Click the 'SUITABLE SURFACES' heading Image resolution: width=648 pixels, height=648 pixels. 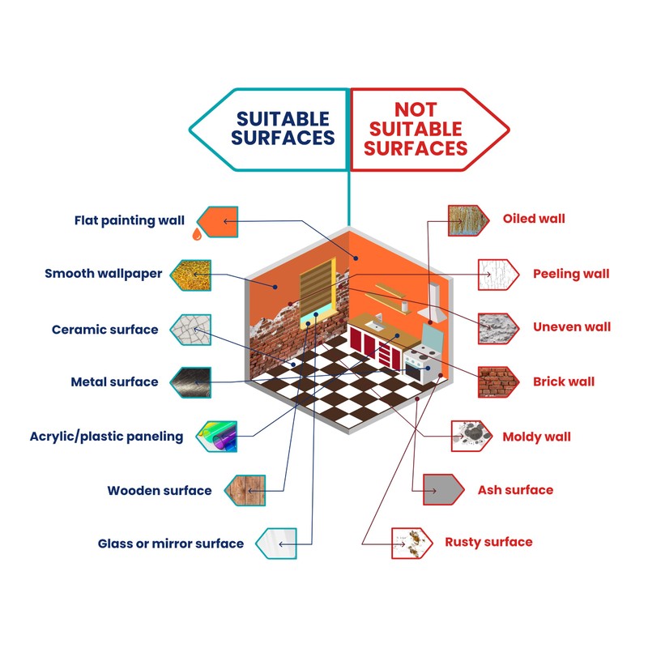coord(283,129)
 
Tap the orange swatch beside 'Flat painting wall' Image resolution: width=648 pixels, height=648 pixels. coord(216,220)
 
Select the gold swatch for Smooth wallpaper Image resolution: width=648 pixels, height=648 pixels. coord(190,275)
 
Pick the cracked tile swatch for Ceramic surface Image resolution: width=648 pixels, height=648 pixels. coord(190,330)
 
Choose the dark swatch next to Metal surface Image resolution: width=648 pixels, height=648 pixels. coord(190,382)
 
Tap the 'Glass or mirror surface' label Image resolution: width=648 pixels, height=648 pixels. coord(171,544)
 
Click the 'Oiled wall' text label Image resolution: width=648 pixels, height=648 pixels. coord(534,219)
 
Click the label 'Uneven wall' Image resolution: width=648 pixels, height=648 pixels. coord(572,327)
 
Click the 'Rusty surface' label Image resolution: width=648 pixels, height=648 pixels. coord(488,542)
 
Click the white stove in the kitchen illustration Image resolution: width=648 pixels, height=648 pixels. coord(424,364)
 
